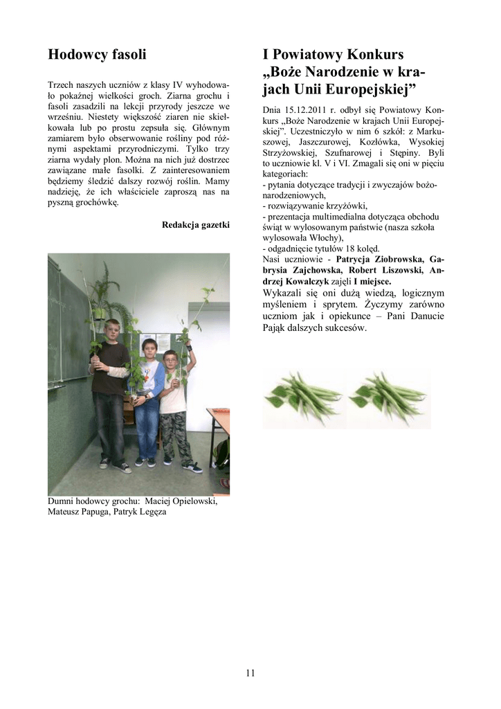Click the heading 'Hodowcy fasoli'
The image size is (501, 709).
pyautogui.click(x=97, y=54)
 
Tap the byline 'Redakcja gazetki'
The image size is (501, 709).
pyautogui.click(x=195, y=224)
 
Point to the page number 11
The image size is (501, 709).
pyautogui.click(x=250, y=672)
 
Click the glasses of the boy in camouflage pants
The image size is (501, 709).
pyautogui.click(x=171, y=361)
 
